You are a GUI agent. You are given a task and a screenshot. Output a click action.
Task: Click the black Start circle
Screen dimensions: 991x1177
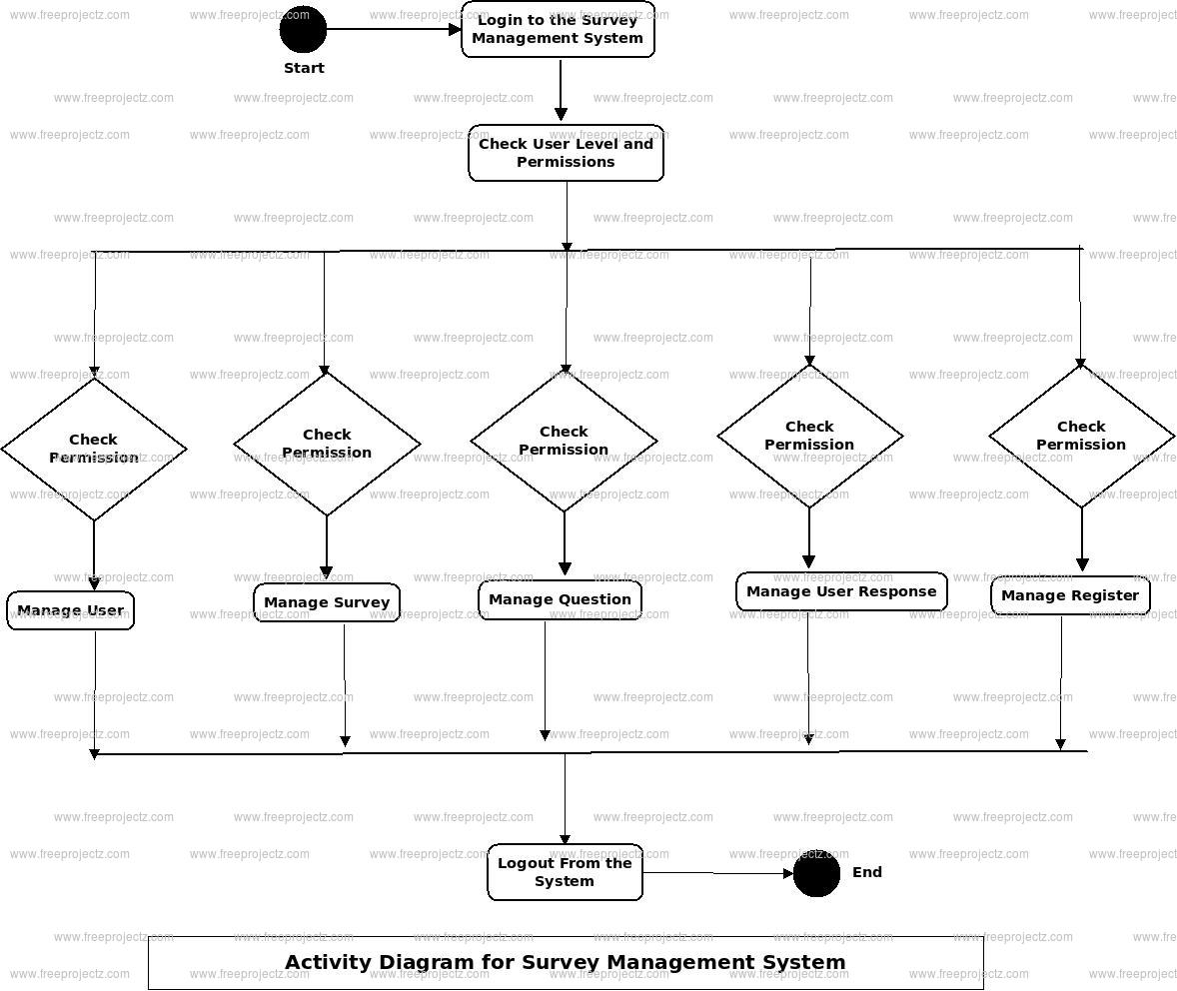pyautogui.click(x=303, y=30)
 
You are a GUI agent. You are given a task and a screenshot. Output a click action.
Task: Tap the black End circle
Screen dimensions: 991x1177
pyautogui.click(x=816, y=874)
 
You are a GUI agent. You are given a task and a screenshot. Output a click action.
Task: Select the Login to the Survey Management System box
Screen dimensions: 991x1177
pyautogui.click(x=558, y=30)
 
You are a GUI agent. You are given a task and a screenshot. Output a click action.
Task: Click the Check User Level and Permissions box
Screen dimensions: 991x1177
pyautogui.click(x=566, y=153)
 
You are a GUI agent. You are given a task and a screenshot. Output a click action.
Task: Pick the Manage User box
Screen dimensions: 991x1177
pyautogui.click(x=70, y=610)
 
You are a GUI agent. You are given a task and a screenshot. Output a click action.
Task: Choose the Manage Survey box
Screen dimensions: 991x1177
pyautogui.click(x=327, y=602)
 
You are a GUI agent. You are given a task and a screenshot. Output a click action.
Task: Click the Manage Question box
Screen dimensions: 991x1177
pyautogui.click(x=560, y=600)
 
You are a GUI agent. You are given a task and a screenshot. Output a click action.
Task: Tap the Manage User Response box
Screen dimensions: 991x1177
pyautogui.click(x=841, y=591)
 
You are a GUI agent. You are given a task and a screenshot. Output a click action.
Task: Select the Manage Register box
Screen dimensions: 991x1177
pyautogui.click(x=1070, y=595)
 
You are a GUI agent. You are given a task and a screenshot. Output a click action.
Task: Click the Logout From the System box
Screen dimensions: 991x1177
pyautogui.click(x=565, y=872)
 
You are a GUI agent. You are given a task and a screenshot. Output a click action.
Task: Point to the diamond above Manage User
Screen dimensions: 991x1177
pyautogui.click(x=94, y=449)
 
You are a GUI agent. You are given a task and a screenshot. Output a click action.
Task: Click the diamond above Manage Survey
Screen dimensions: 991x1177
pyautogui.click(x=327, y=444)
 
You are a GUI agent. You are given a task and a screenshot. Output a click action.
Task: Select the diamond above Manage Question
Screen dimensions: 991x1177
pyautogui.click(x=564, y=441)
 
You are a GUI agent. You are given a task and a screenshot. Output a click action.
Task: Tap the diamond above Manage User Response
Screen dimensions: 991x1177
pyautogui.click(x=809, y=436)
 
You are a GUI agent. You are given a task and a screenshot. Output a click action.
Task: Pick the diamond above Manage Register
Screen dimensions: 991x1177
pyautogui.click(x=1081, y=436)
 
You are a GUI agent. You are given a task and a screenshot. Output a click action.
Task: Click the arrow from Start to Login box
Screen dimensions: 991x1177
pyautogui.click(x=394, y=30)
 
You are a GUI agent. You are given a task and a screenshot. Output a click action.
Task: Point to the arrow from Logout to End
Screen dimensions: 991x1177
pyautogui.click(x=717, y=873)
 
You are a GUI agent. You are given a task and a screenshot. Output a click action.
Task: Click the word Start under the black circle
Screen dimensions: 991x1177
pyautogui.click(x=304, y=68)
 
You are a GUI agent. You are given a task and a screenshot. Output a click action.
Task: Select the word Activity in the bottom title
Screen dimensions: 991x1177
pyautogui.click(x=328, y=962)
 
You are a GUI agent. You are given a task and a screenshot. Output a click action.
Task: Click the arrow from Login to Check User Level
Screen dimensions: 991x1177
pyautogui.click(x=561, y=90)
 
